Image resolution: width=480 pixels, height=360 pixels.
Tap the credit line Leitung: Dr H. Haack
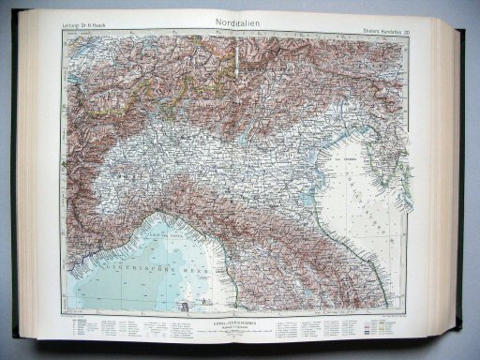click(x=82, y=24)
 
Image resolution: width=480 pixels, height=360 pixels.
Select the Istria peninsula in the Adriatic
click(x=381, y=141)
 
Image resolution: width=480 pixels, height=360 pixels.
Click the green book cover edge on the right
click(x=465, y=187)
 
